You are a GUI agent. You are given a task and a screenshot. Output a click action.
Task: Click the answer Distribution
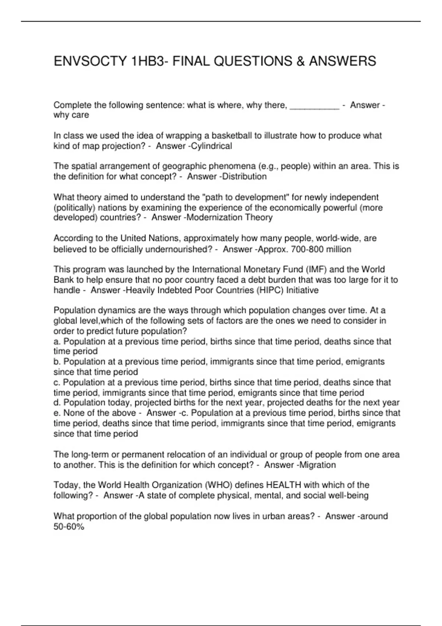pyautogui.click(x=245, y=177)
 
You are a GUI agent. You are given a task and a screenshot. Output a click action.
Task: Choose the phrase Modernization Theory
pyautogui.click(x=229, y=218)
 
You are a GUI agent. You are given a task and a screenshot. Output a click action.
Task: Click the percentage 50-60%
pyautogui.click(x=69, y=527)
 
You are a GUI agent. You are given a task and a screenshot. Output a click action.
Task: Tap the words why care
pyautogui.click(x=71, y=115)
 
